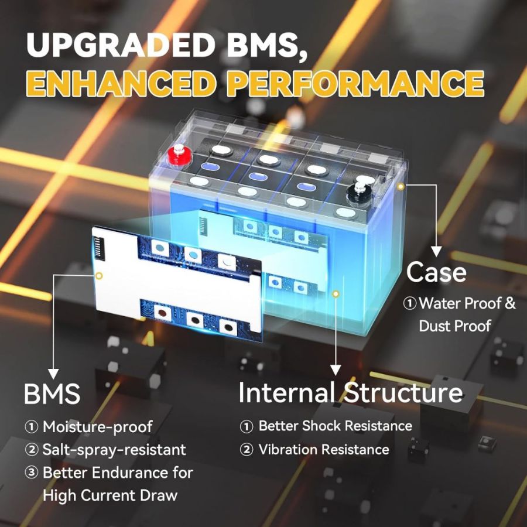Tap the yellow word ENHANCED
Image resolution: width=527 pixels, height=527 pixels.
point(120,84)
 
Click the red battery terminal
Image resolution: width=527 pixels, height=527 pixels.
point(177,155)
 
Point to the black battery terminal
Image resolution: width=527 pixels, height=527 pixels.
point(357,191)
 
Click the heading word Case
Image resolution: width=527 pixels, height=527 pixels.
point(436,272)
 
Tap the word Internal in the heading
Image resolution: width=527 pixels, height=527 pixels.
point(286,392)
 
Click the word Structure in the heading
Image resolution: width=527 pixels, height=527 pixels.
point(403,392)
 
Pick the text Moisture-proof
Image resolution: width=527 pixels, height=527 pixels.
point(97,427)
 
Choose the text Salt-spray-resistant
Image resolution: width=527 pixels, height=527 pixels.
point(114,450)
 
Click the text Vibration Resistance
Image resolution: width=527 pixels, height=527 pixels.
point(324,450)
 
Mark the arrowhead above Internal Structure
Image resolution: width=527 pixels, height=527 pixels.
point(335,369)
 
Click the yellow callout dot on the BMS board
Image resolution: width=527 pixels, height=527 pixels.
point(99,275)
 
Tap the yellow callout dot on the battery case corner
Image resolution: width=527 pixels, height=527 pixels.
point(401,186)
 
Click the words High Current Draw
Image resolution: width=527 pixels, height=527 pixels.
point(109,495)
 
